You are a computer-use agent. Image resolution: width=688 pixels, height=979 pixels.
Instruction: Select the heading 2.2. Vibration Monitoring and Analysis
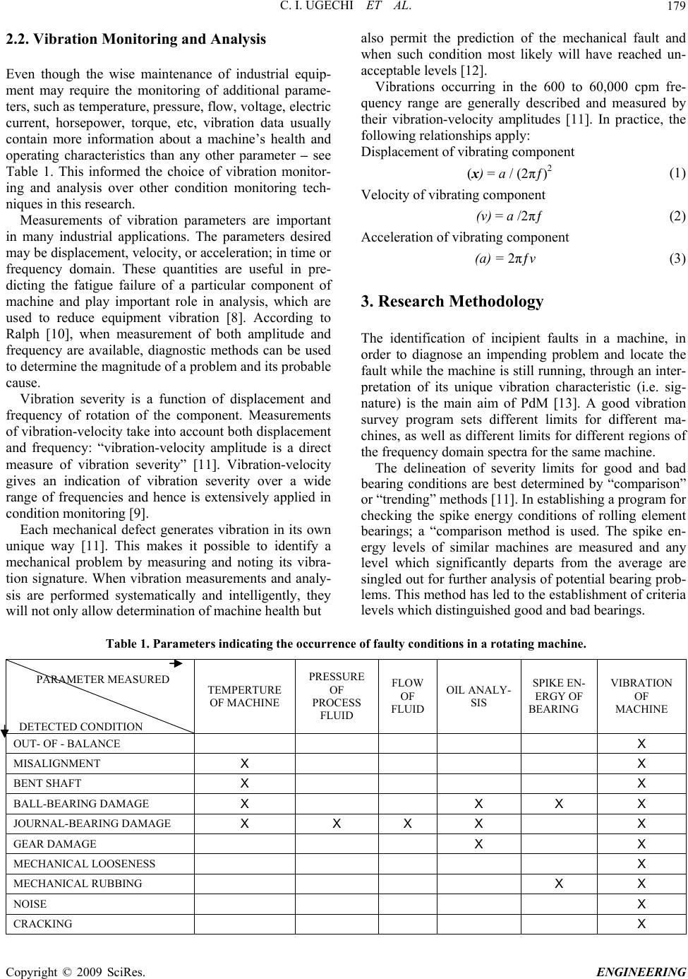(135, 40)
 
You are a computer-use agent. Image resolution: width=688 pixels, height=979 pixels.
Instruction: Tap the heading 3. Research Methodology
(452, 302)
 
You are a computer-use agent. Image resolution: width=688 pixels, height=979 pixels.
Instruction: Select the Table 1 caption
(345, 643)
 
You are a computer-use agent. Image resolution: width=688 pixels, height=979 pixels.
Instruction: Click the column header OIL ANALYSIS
(478, 696)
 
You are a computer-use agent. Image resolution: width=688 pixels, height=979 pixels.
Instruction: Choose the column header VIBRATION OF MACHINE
(641, 696)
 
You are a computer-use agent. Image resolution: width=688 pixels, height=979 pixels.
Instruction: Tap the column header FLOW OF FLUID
(408, 696)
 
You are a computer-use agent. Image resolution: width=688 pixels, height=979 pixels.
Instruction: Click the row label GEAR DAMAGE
(55, 843)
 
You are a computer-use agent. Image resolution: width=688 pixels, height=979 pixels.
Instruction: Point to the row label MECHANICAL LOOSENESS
(84, 863)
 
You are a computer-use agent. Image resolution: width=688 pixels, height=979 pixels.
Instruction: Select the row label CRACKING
(42, 924)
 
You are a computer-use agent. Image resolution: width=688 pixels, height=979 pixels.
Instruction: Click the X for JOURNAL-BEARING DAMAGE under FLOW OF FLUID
(408, 823)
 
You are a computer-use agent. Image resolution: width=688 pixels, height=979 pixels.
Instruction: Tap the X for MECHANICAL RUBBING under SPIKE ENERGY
(558, 883)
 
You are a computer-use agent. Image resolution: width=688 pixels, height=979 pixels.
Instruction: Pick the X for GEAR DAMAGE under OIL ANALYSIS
(478, 843)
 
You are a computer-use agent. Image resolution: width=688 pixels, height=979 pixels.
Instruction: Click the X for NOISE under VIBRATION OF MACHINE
(641, 903)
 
